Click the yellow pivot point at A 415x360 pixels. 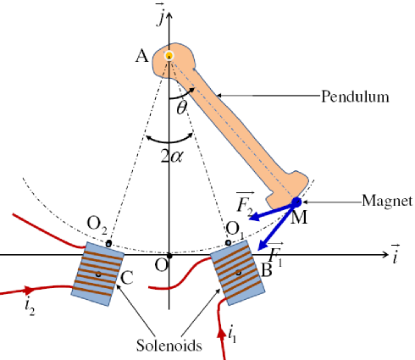(169, 56)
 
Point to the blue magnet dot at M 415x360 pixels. (296, 202)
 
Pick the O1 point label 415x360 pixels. (235, 227)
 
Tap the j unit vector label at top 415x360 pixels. (169, 11)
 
